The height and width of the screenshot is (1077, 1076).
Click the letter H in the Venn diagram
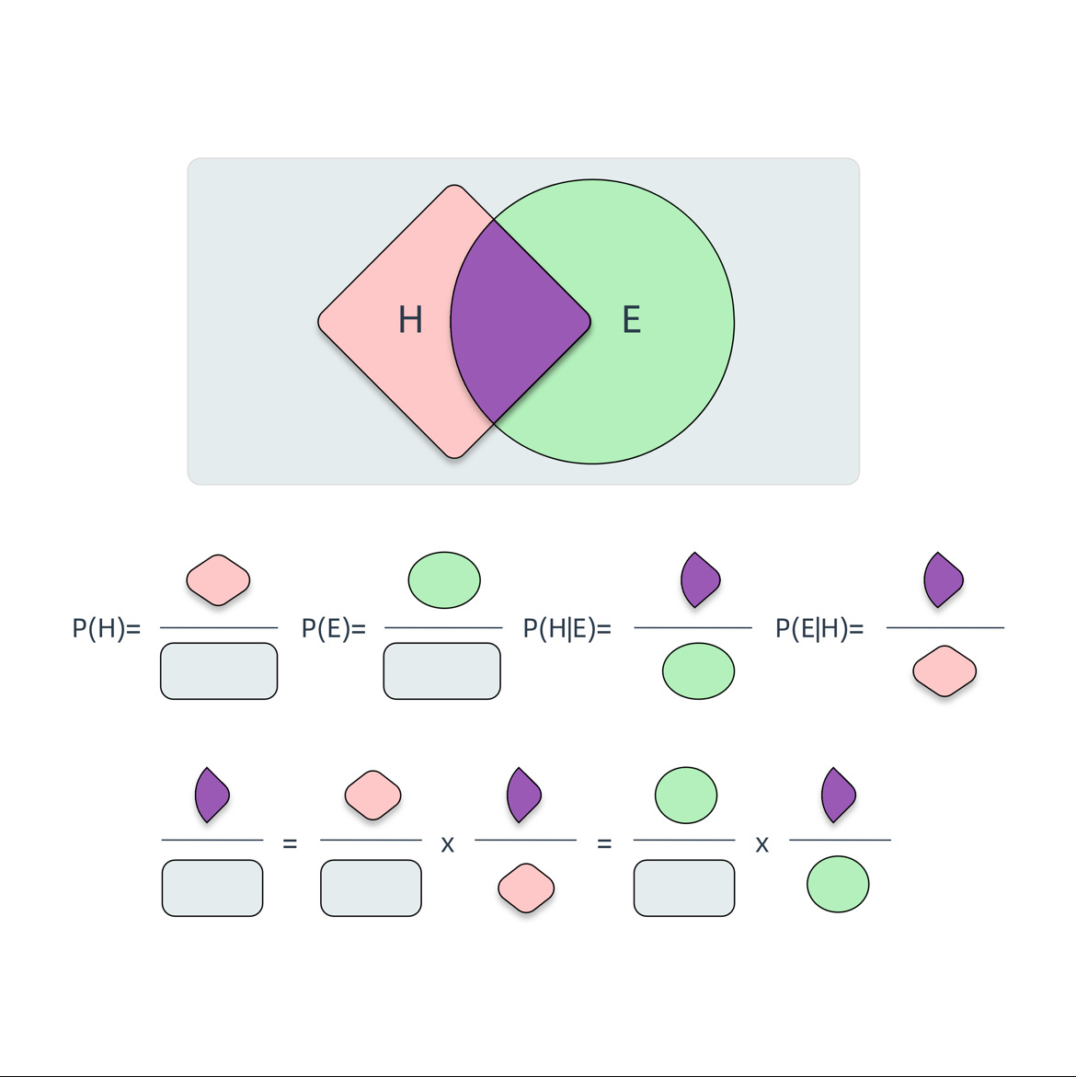click(x=410, y=320)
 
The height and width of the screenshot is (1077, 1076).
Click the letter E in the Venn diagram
click(x=631, y=320)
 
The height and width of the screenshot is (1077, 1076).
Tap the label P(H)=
click(x=107, y=629)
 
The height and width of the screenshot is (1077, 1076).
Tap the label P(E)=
click(x=334, y=629)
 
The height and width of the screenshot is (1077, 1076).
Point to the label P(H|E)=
click(x=567, y=629)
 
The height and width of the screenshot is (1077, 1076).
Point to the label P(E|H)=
click(x=819, y=629)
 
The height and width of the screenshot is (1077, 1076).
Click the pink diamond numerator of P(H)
click(x=218, y=579)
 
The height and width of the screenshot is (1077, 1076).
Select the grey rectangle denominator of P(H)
click(x=219, y=671)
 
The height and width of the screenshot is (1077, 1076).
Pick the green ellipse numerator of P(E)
click(x=444, y=579)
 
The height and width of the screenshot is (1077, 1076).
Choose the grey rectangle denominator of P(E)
click(x=442, y=671)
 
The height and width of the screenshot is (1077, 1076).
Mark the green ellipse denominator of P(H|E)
click(x=698, y=671)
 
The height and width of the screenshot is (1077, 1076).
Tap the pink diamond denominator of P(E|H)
click(x=944, y=671)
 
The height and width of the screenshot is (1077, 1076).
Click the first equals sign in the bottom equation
click(x=290, y=843)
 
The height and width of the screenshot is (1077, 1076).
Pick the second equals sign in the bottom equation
click(x=604, y=843)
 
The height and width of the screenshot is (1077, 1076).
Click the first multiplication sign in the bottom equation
click(x=448, y=844)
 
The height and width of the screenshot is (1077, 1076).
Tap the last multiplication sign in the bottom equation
click(x=761, y=844)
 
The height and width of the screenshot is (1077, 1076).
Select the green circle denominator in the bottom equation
click(x=838, y=884)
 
